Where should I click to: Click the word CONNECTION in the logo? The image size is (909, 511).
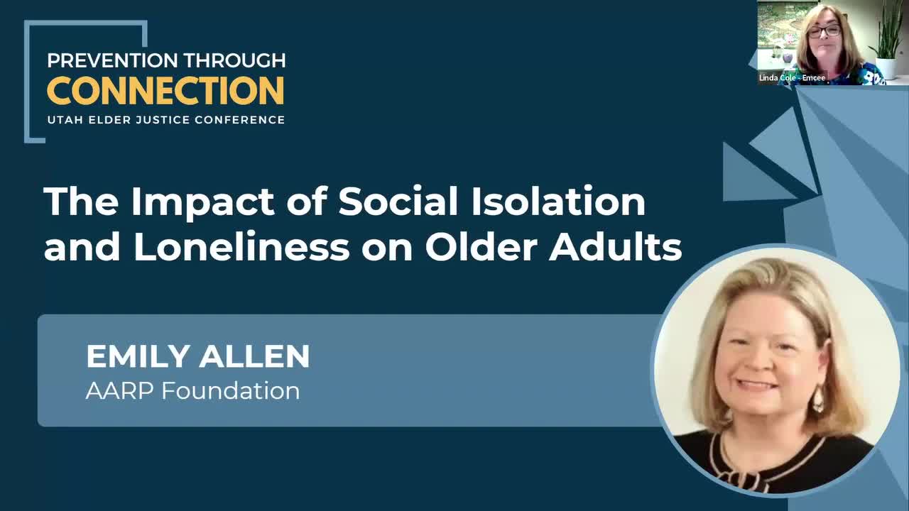(x=165, y=91)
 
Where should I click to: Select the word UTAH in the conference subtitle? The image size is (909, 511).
(x=62, y=120)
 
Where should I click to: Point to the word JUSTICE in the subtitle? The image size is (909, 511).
(x=163, y=120)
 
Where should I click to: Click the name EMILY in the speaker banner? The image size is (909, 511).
(x=138, y=356)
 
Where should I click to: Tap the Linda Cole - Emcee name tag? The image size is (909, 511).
(x=792, y=77)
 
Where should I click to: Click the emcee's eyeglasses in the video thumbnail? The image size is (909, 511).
(x=824, y=31)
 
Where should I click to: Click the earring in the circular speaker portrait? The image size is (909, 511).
(x=818, y=398)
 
